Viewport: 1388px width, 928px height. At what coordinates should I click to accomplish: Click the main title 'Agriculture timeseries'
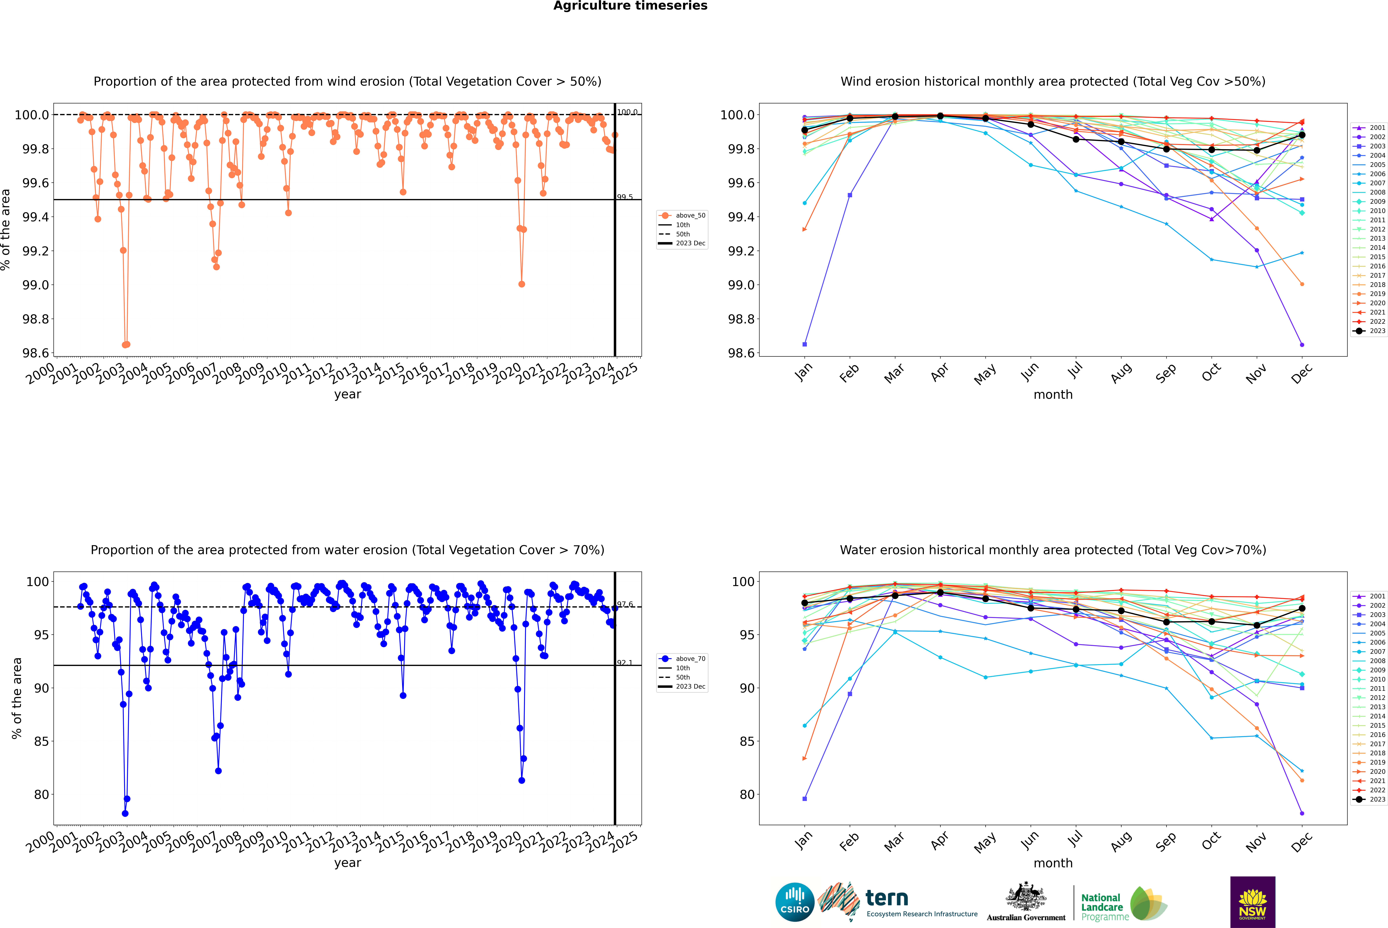point(630,6)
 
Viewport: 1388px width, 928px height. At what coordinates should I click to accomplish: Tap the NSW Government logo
point(1252,902)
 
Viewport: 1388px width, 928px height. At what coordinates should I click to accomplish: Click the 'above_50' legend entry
point(682,215)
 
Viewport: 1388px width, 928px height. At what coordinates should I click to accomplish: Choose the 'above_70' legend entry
point(682,659)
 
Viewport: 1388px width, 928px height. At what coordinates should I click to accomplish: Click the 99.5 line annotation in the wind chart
point(625,197)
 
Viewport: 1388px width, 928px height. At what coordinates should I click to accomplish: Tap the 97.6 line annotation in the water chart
point(625,604)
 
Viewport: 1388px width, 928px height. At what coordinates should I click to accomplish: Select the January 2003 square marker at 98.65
point(805,344)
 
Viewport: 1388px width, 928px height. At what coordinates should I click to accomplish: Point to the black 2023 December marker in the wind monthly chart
point(1302,135)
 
